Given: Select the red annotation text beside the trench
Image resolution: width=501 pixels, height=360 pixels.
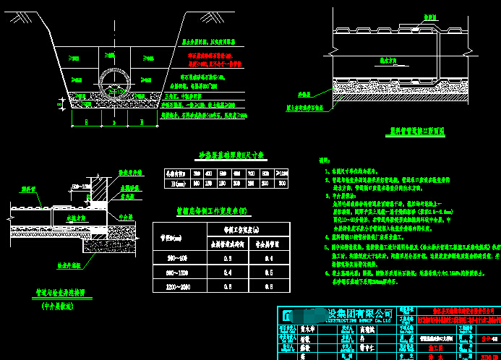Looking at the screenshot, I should coord(210,59).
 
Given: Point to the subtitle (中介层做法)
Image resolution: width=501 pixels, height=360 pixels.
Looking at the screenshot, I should coord(59,305).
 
